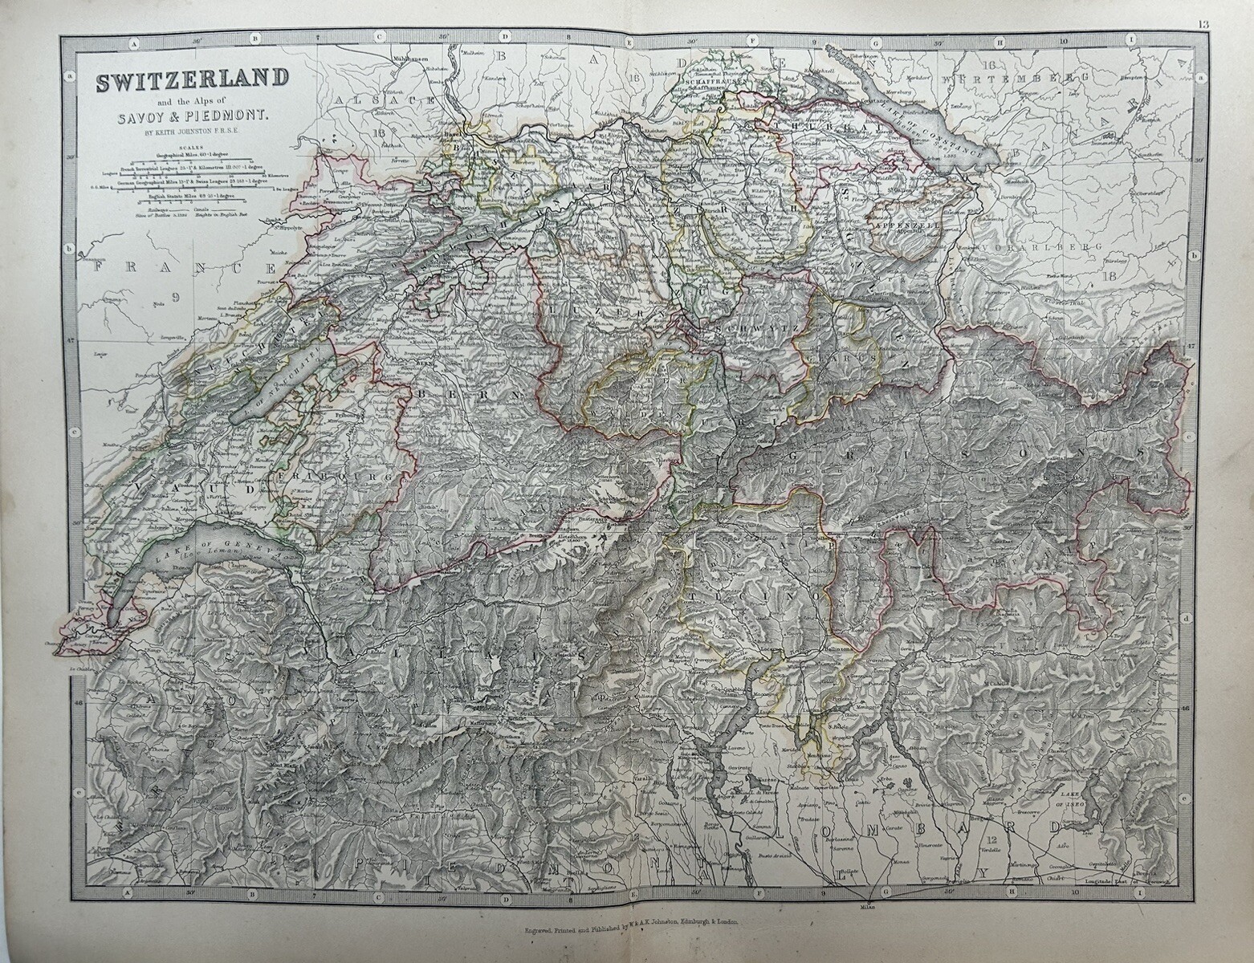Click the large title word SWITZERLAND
pos(192,80)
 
